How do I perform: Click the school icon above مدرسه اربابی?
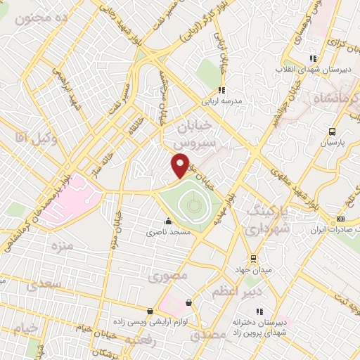point(221,90)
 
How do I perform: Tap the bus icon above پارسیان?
point(331,131)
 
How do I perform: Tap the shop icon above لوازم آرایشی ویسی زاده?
point(150,311)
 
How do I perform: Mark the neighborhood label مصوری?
point(168,277)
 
